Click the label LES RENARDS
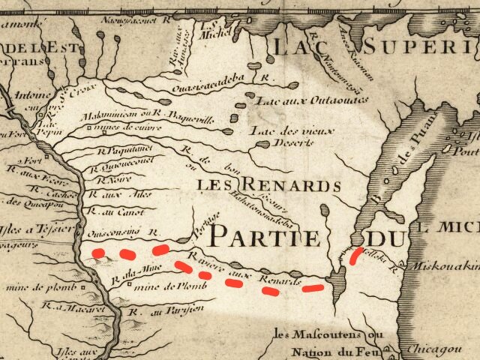click(x=268, y=184)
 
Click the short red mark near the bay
click(x=355, y=256)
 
